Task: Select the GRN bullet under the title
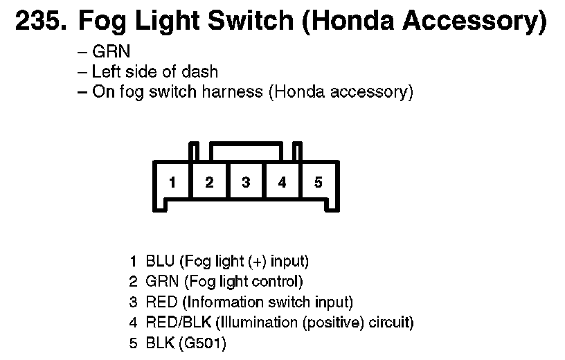(111, 51)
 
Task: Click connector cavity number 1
(172, 183)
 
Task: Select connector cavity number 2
(209, 183)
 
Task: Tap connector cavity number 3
(246, 183)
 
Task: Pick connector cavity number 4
(282, 183)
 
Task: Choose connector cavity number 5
(319, 183)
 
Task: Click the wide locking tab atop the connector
(246, 150)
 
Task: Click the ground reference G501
(204, 343)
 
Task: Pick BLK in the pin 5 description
(160, 343)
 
